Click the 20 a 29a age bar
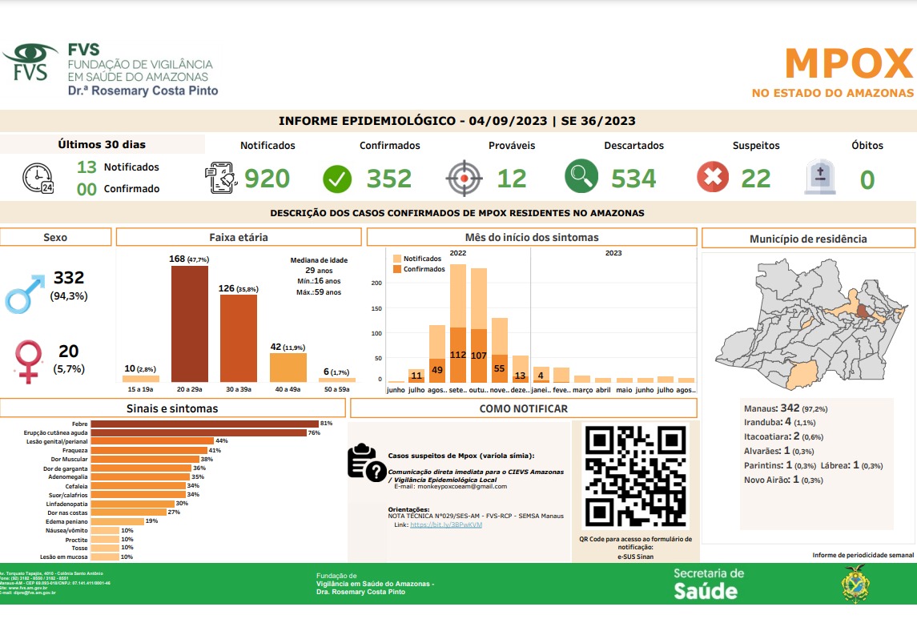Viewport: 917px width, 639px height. (x=190, y=324)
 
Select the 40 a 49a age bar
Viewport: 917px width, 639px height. (x=288, y=367)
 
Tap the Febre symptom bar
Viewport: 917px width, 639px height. (x=204, y=423)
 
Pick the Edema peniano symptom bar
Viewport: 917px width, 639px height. (x=118, y=521)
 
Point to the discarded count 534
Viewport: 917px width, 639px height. (x=633, y=179)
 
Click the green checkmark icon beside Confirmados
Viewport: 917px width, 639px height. (x=337, y=179)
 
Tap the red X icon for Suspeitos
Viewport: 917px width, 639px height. (x=713, y=178)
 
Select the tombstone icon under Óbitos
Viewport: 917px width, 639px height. (x=819, y=178)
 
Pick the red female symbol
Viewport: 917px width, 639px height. (x=30, y=361)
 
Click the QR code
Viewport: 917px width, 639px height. (x=636, y=476)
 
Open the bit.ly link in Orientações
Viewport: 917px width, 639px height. (x=446, y=524)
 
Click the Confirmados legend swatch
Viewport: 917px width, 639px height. (x=397, y=269)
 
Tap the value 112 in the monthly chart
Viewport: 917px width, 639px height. (x=458, y=355)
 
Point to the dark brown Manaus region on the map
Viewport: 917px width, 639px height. (x=860, y=311)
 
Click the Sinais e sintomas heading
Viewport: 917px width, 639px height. (x=173, y=408)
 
